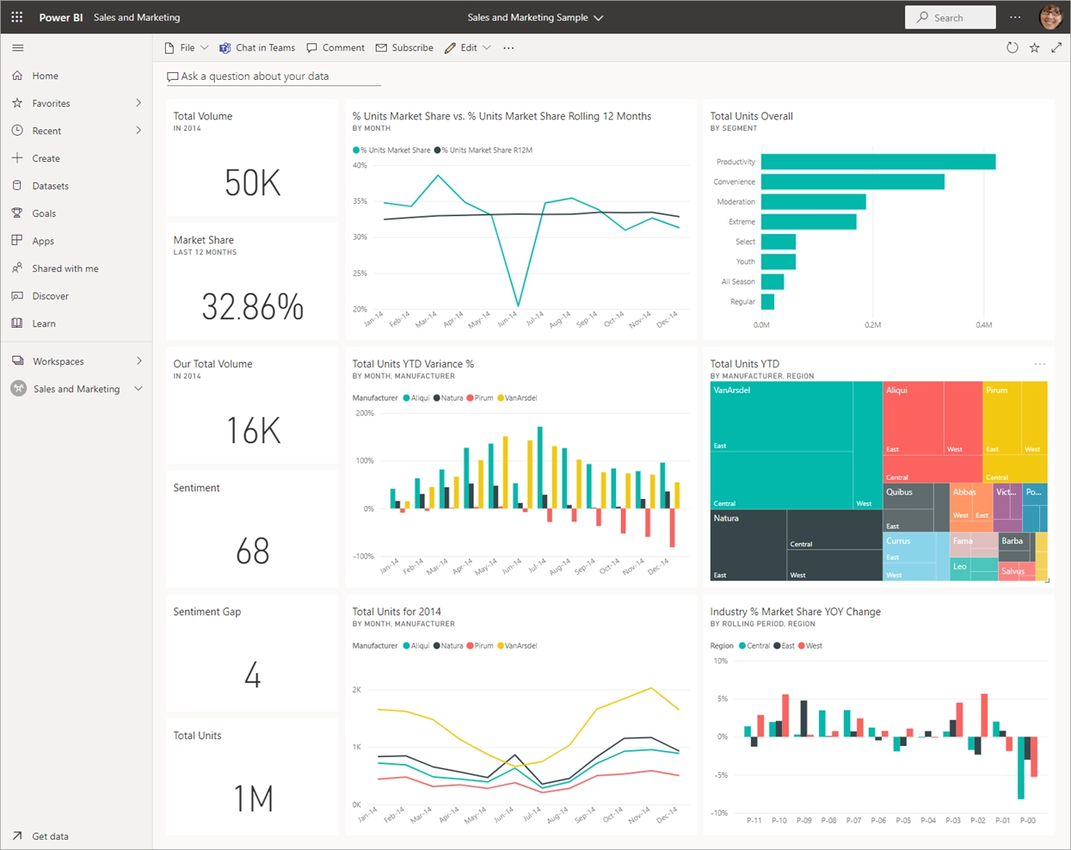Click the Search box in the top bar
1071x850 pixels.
950,17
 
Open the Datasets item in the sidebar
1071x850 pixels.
50,186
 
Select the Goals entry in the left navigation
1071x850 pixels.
44,213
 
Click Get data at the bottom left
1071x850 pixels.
50,836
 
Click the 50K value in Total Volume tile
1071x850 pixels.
252,183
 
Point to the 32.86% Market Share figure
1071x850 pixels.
252,307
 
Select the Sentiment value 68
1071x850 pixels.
252,551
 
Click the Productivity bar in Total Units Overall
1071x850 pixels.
877,162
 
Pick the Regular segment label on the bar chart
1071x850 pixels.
742,302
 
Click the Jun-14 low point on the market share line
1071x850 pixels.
518,305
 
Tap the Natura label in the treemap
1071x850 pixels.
726,519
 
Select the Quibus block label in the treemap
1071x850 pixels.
899,492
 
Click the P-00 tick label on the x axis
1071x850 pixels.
1027,821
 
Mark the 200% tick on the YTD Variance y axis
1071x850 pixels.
365,414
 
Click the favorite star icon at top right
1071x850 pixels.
1035,48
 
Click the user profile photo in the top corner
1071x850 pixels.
1050,17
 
